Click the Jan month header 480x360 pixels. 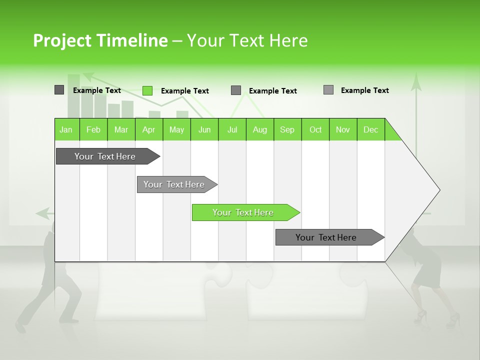point(66,129)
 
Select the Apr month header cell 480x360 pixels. point(149,129)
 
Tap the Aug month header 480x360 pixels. point(259,129)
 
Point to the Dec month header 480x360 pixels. point(370,129)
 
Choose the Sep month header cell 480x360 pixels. point(287,129)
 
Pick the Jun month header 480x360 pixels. point(204,129)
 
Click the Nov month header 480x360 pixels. point(343,129)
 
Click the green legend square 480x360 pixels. point(147,90)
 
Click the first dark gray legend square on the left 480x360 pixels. point(59,90)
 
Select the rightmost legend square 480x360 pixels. point(328,90)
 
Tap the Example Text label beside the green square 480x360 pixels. point(185,91)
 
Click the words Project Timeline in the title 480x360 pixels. point(100,40)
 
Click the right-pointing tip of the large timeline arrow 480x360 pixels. point(438,190)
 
